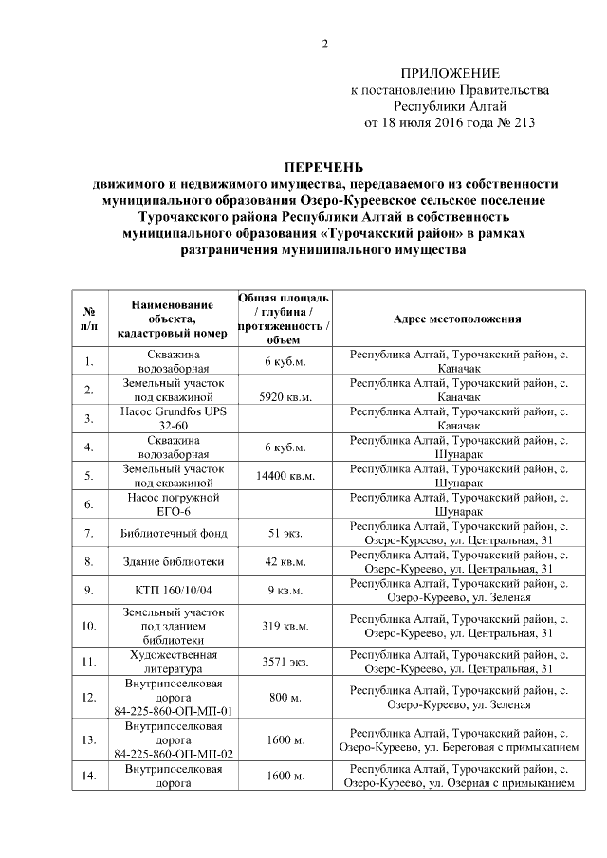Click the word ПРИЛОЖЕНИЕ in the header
pos(451,73)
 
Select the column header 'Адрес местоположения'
pos(457,319)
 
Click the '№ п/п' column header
pos(88,319)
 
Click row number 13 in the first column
pos(88,739)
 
